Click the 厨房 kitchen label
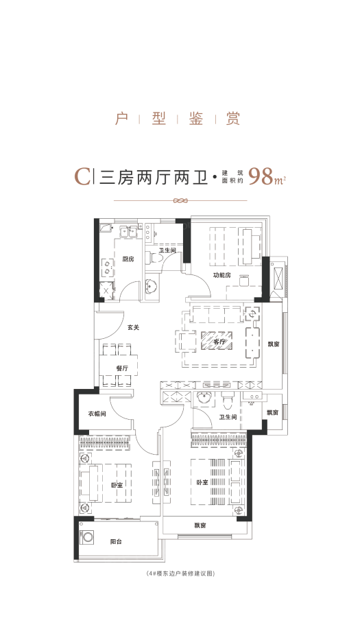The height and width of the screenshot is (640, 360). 128,259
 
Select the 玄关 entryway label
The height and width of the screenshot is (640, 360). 133,327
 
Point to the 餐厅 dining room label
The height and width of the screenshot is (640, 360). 123,368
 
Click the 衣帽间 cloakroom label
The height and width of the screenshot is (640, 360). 97,414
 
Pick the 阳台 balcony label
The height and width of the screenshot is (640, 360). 116,541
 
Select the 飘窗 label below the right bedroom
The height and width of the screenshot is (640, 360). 200,525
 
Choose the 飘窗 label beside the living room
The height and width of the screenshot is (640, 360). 273,344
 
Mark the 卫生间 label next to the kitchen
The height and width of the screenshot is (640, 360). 167,250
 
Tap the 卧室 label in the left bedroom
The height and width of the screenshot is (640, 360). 117,485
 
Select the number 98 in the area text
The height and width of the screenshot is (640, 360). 261,176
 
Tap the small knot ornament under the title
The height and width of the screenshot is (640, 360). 180,201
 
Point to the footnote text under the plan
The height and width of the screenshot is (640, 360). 180,573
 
